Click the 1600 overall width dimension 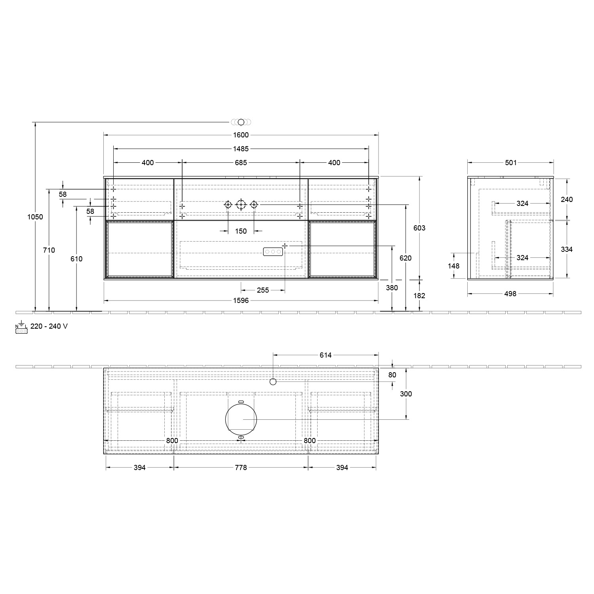pyautogui.click(x=241, y=135)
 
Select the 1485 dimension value pyautogui.click(x=241, y=149)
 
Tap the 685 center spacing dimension pyautogui.click(x=241, y=162)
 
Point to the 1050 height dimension pyautogui.click(x=35, y=217)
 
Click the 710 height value pyautogui.click(x=49, y=250)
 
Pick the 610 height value pyautogui.click(x=76, y=259)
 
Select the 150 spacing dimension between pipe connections pyautogui.click(x=241, y=231)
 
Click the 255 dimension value pyautogui.click(x=263, y=290)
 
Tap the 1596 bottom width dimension pyautogui.click(x=241, y=301)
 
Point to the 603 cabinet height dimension pyautogui.click(x=419, y=228)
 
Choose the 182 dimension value pyautogui.click(x=419, y=295)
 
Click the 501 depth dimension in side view pyautogui.click(x=511, y=162)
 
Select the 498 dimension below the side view pyautogui.click(x=510, y=294)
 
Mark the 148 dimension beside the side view pyautogui.click(x=453, y=266)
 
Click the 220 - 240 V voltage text pyautogui.click(x=49, y=326)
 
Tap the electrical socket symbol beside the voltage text pyautogui.click(x=21, y=328)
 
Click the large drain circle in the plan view pyautogui.click(x=241, y=420)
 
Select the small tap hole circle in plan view pyautogui.click(x=273, y=382)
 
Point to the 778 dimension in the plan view pyautogui.click(x=241, y=468)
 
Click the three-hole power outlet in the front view pyautogui.click(x=273, y=251)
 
